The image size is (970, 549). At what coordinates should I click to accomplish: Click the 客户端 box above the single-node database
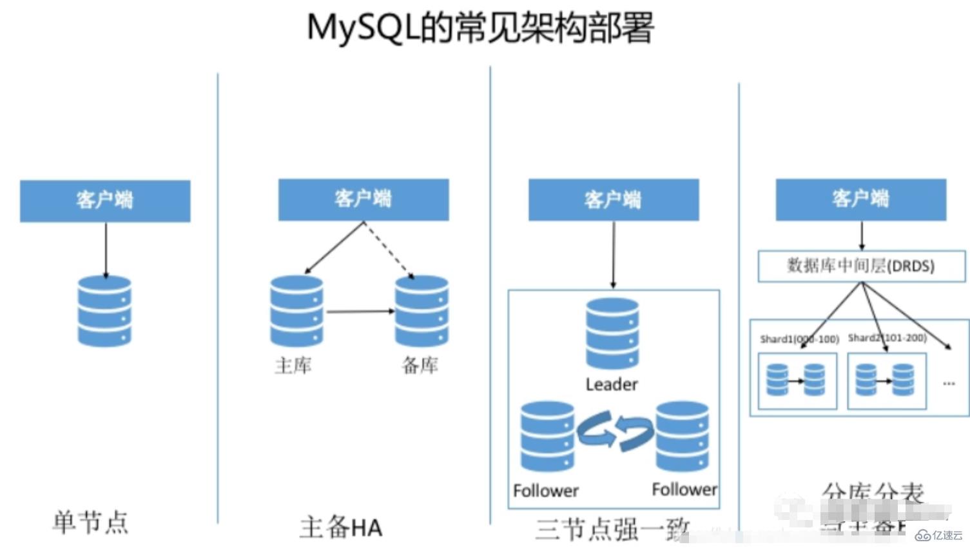[105, 201]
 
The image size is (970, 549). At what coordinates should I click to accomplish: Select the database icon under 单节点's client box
[104, 312]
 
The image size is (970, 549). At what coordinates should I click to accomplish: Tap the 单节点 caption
[90, 522]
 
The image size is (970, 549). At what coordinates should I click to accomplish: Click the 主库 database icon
[296, 311]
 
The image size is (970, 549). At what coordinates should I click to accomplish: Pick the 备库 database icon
[422, 311]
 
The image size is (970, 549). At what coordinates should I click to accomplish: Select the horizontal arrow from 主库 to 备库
[360, 312]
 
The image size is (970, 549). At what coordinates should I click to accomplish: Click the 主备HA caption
[341, 527]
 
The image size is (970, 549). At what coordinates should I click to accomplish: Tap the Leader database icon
[612, 334]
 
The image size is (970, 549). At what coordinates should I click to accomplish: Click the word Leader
[612, 384]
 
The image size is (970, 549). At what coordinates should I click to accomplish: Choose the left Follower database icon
[547, 437]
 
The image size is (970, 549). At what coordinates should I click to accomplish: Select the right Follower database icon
[682, 437]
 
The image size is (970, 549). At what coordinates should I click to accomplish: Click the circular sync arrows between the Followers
[615, 430]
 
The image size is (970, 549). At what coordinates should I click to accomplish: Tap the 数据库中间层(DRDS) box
[861, 266]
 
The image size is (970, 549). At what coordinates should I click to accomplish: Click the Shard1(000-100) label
[799, 339]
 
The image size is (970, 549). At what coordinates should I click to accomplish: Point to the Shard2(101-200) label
[887, 337]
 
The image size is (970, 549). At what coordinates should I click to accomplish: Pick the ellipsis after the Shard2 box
[949, 383]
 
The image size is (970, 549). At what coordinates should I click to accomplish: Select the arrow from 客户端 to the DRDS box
[862, 236]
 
